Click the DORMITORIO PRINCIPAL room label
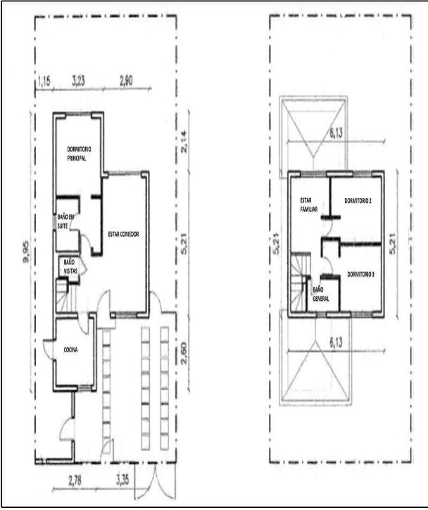[x=79, y=154]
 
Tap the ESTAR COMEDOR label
[x=123, y=234]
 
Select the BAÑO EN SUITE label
[x=65, y=221]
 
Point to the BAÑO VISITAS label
[x=70, y=266]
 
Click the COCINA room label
[x=70, y=350]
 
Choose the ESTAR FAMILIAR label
[x=309, y=205]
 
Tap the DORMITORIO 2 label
[x=358, y=201]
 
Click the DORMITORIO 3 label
[x=360, y=275]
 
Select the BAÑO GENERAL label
[x=321, y=294]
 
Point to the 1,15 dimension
[x=44, y=81]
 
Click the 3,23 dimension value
[x=78, y=81]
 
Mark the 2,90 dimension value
[x=126, y=81]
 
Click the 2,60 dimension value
[x=183, y=353]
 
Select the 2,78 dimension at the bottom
[x=75, y=481]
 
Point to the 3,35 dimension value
[x=122, y=480]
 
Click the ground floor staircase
[x=63, y=296]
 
